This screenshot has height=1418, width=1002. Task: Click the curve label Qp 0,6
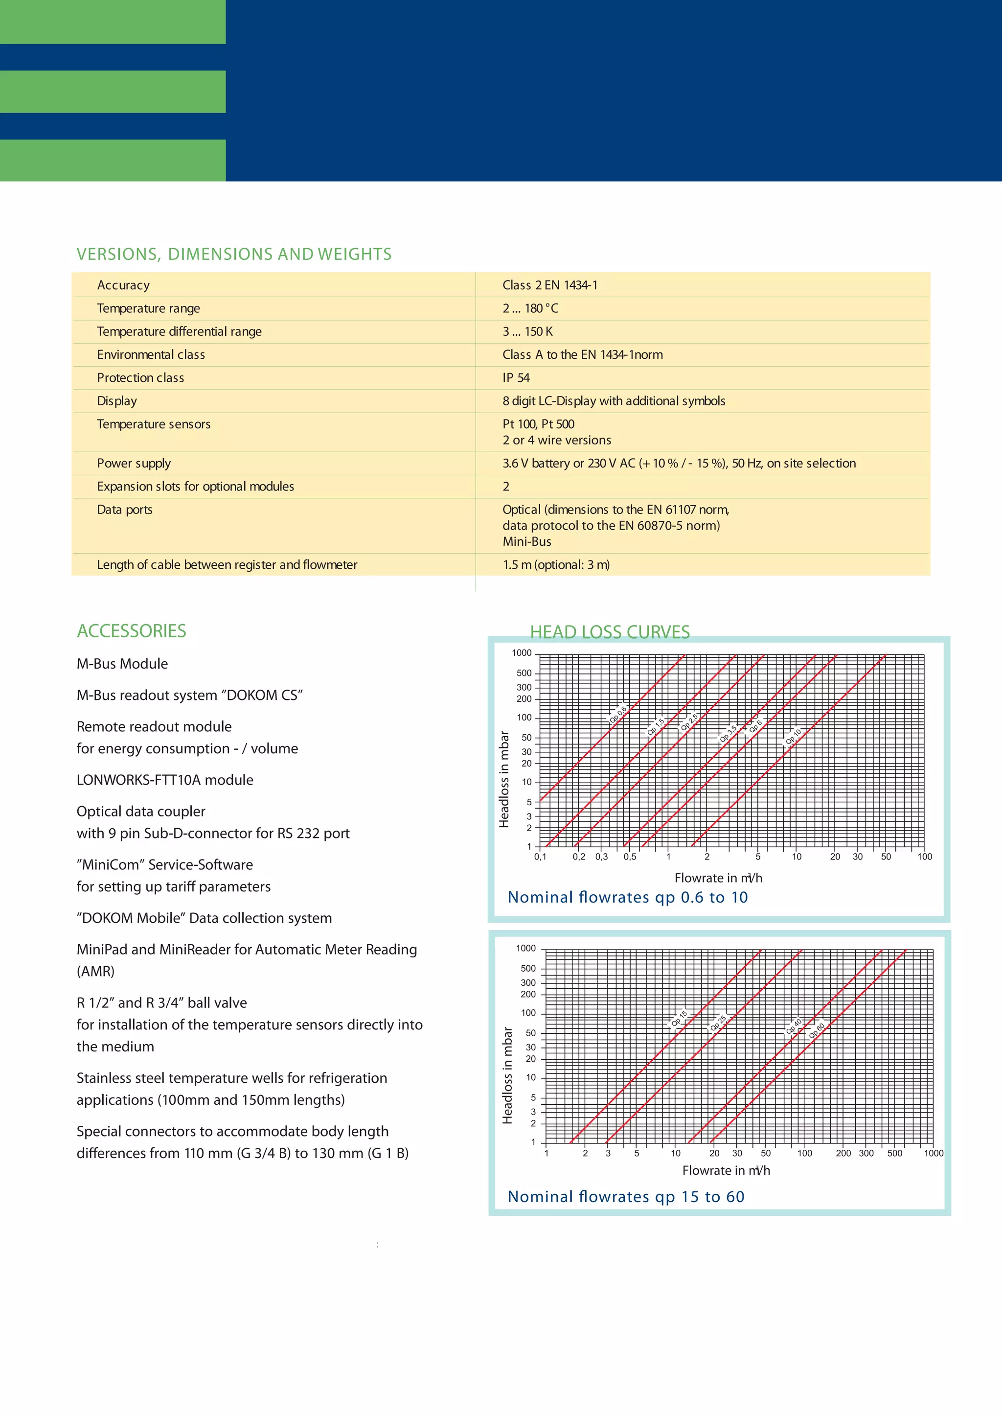coord(618,714)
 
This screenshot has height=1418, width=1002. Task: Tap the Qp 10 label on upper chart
coord(793,736)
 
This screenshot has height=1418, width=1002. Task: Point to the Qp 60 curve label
coord(817,1030)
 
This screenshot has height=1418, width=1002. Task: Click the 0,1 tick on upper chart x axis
coord(540,857)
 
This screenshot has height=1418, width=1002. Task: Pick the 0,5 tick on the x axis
coord(630,857)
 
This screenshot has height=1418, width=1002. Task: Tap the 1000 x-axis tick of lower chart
coord(933,1153)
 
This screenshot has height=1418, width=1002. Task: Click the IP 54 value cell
coord(516,378)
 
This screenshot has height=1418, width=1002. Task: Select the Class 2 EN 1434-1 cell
coord(549,285)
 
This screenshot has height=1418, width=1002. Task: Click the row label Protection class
coord(140,378)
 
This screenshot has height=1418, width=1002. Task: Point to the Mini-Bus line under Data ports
coord(526,542)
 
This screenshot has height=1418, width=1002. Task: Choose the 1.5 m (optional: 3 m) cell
coord(556,564)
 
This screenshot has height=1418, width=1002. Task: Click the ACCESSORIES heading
coord(132,630)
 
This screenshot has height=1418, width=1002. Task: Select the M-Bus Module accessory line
coord(122,664)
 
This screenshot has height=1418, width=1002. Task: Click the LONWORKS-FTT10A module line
coord(165,780)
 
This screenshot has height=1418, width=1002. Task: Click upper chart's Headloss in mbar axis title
coord(504,779)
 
